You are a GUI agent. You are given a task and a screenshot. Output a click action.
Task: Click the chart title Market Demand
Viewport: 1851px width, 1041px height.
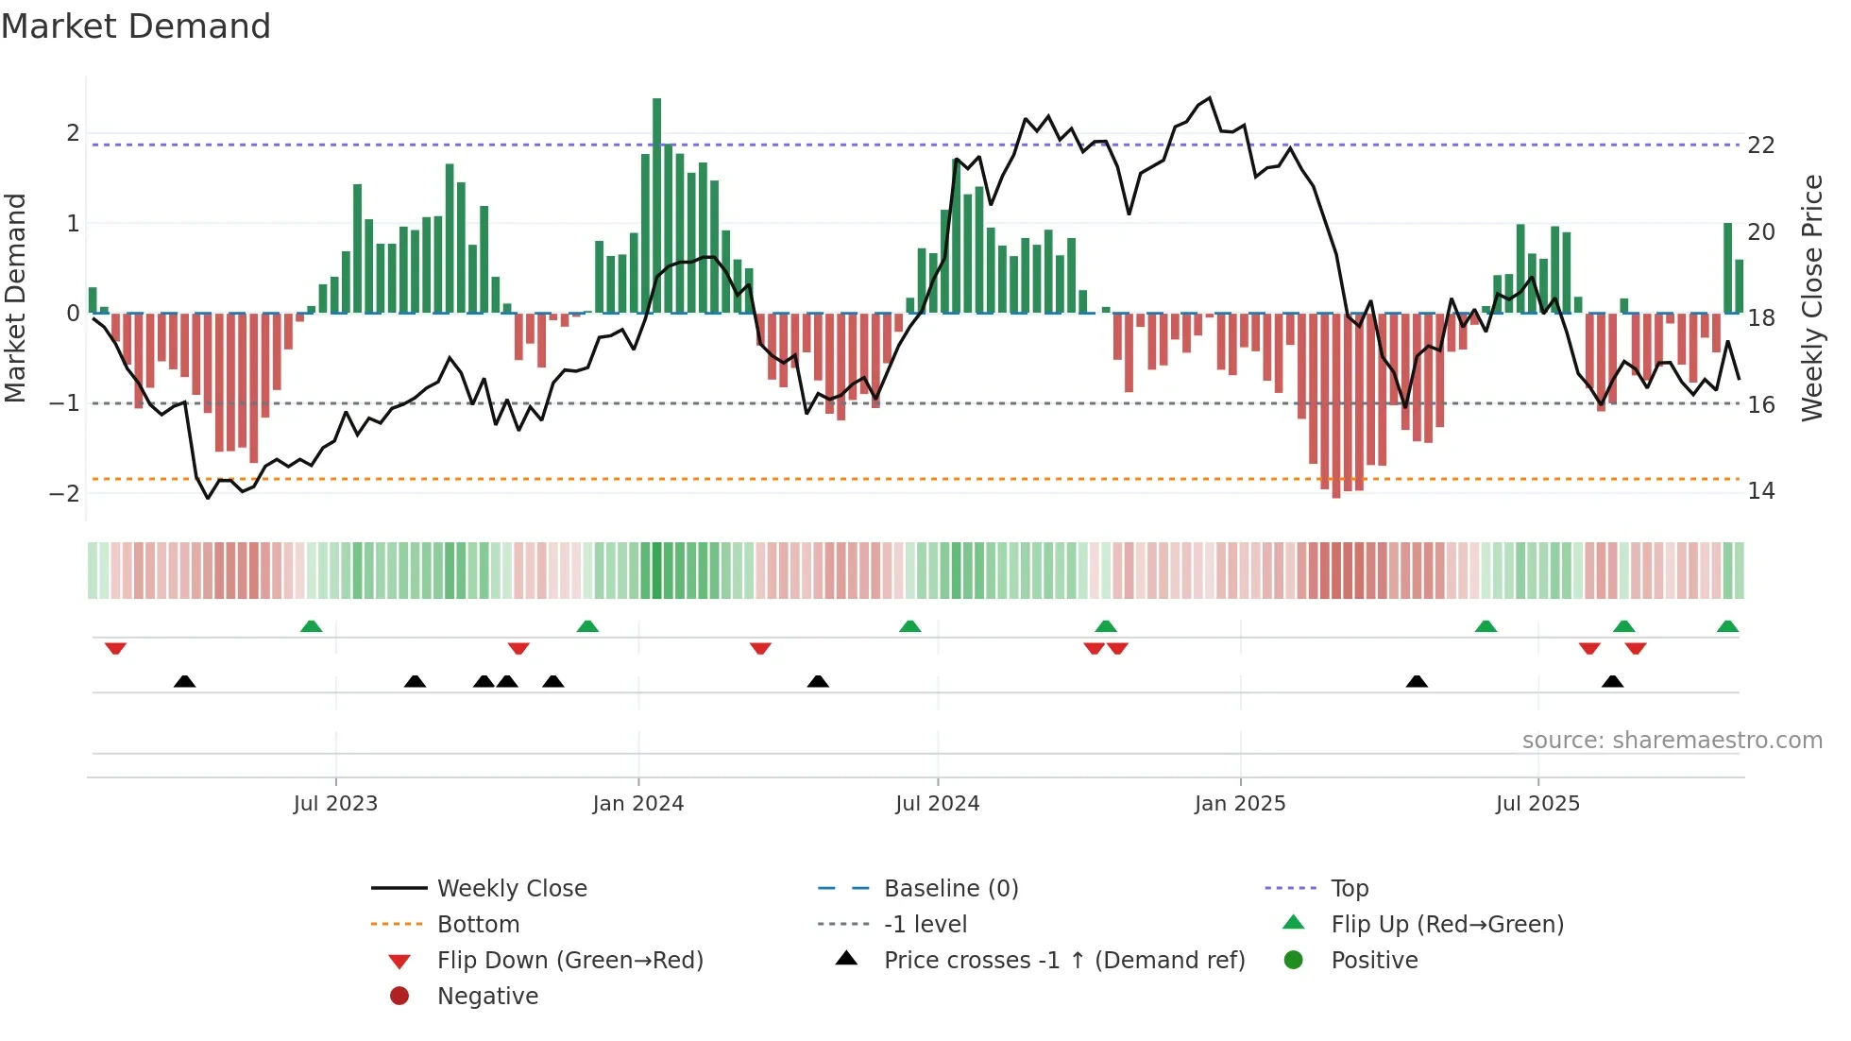[x=136, y=26]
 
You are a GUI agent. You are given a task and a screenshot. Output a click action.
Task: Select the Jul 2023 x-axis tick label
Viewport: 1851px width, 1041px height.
[x=335, y=804]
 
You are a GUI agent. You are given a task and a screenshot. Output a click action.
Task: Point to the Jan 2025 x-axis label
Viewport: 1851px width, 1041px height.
[x=1239, y=804]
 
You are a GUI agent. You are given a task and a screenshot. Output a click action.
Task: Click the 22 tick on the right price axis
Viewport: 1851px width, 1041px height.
[x=1761, y=145]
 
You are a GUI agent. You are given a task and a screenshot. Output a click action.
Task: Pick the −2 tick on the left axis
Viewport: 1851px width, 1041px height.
[x=65, y=493]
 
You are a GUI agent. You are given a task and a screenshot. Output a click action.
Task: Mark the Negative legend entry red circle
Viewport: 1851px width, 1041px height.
[x=399, y=997]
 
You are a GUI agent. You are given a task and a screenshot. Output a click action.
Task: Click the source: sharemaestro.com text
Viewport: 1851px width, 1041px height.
[x=1672, y=741]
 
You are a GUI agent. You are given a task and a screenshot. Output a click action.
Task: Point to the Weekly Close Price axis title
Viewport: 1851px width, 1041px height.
[x=1812, y=298]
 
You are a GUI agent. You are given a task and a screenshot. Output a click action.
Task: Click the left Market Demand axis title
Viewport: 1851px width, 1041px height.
[x=15, y=298]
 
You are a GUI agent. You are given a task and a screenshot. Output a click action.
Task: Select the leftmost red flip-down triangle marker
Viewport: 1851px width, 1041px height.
[x=115, y=648]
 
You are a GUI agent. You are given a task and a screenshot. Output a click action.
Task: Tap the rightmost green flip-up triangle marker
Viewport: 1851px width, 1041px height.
[x=1727, y=626]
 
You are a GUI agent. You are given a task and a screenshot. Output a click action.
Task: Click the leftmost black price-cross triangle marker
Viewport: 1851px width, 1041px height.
[x=185, y=681]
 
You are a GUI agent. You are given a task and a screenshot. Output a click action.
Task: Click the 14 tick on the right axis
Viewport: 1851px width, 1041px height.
[x=1761, y=491]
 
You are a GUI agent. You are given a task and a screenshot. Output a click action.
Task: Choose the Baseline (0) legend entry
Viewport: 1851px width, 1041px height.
[x=950, y=889]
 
